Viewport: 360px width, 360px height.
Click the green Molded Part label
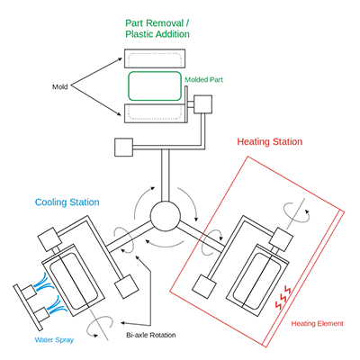[x=203, y=79]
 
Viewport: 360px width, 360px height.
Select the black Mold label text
[x=60, y=86]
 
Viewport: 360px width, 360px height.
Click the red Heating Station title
[x=270, y=141]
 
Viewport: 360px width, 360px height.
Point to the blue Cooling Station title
[x=67, y=202]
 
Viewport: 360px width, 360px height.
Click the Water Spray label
[x=54, y=340]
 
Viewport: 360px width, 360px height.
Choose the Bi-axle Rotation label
[x=151, y=335]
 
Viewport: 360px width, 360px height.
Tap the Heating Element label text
[x=317, y=323]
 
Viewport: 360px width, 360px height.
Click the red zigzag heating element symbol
[x=283, y=298]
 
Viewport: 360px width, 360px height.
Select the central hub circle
[x=166, y=216]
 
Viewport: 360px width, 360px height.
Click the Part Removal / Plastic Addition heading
[x=157, y=29]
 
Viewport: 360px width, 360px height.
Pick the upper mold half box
[x=155, y=58]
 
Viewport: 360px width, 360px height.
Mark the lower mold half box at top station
[x=155, y=113]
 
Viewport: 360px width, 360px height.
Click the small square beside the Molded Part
[x=203, y=104]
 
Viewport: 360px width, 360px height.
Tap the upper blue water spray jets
[x=45, y=282]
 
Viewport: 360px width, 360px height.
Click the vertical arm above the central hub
[x=166, y=175]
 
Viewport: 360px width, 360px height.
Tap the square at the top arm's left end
[x=123, y=148]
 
